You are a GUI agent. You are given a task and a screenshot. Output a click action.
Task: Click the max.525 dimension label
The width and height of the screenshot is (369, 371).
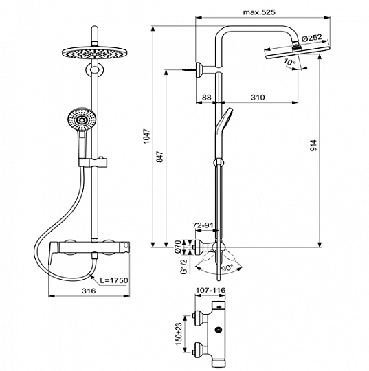[x=259, y=12]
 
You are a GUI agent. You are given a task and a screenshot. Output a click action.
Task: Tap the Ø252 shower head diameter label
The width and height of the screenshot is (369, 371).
[x=312, y=38]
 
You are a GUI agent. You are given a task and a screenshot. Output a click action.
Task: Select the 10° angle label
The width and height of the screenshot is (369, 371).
[x=290, y=63]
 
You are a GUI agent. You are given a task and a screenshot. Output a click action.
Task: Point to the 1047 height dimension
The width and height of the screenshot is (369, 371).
[x=147, y=136]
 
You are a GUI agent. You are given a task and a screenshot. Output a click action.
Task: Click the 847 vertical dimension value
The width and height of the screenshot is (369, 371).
[x=160, y=157]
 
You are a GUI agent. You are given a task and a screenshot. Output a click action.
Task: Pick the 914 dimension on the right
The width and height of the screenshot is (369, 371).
[x=313, y=146]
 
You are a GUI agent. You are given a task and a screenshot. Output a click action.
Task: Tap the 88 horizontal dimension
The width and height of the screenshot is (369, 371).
[x=206, y=98]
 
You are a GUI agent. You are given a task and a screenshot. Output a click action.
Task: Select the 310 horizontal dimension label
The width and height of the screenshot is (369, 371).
[x=258, y=98]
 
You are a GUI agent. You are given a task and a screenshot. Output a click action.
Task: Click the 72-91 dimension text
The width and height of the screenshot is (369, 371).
[x=203, y=225]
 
